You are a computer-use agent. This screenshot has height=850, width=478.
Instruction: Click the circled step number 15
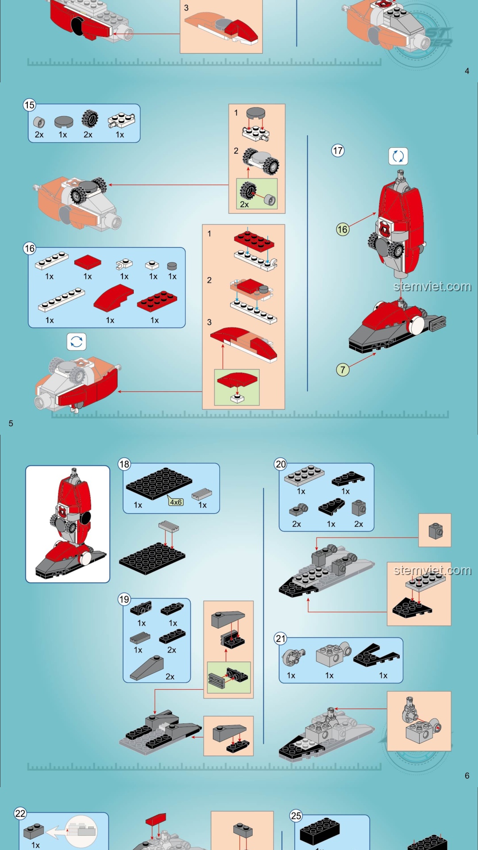point(30,105)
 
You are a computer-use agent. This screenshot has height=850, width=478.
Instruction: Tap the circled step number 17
point(338,151)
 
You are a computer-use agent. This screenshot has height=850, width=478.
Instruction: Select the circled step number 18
point(124,464)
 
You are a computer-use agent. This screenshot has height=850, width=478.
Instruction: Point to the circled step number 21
point(281,638)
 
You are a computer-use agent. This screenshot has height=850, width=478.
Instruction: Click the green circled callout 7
point(343,370)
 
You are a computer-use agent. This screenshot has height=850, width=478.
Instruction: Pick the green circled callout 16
point(343,229)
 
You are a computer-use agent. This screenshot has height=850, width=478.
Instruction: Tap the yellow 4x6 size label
point(176,502)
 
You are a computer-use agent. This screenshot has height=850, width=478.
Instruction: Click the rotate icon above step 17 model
point(398,156)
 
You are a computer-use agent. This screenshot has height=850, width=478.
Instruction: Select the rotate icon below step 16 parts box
point(77,342)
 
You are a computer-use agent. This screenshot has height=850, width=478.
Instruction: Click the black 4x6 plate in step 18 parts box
point(159,483)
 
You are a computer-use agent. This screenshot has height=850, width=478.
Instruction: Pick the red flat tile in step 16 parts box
point(88,262)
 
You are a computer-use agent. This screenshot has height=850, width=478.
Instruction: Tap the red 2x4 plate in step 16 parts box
point(157,301)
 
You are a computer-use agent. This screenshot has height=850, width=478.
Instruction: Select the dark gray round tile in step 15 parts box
point(64,122)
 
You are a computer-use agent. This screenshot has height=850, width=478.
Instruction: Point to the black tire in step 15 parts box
point(90,119)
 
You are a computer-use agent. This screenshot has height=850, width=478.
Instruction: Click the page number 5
point(11,423)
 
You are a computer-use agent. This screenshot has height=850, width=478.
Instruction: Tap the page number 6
point(467,776)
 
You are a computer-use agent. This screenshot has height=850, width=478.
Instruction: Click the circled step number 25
point(296,816)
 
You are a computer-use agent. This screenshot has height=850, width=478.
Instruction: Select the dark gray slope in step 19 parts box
point(146,668)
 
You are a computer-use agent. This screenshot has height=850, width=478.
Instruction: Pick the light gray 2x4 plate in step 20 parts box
point(305,476)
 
